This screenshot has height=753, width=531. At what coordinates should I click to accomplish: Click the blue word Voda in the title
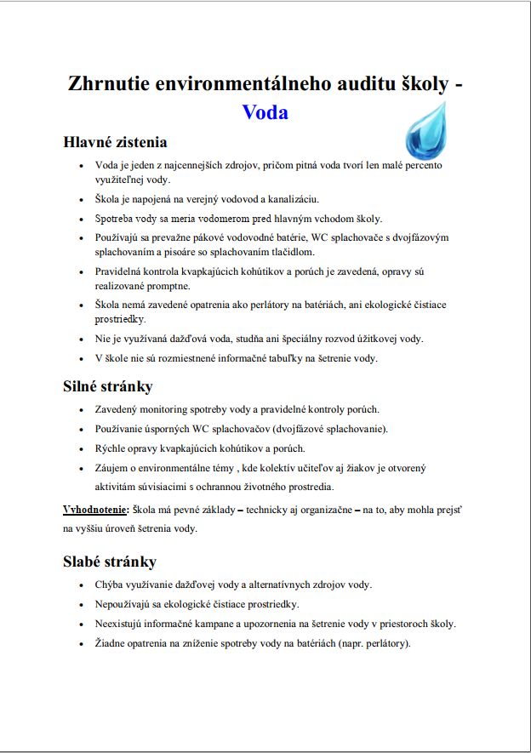pos(265,112)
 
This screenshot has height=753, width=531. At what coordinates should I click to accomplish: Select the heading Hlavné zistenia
pos(115,142)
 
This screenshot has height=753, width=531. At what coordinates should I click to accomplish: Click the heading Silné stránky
pos(108,386)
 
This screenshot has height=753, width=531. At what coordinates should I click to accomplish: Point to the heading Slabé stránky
pos(110,562)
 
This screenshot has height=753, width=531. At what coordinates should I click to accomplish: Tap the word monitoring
pos(171,409)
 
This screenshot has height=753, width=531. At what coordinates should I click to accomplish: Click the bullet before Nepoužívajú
pos(80,605)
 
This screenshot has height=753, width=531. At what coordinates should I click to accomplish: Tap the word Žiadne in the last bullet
pos(112,643)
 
